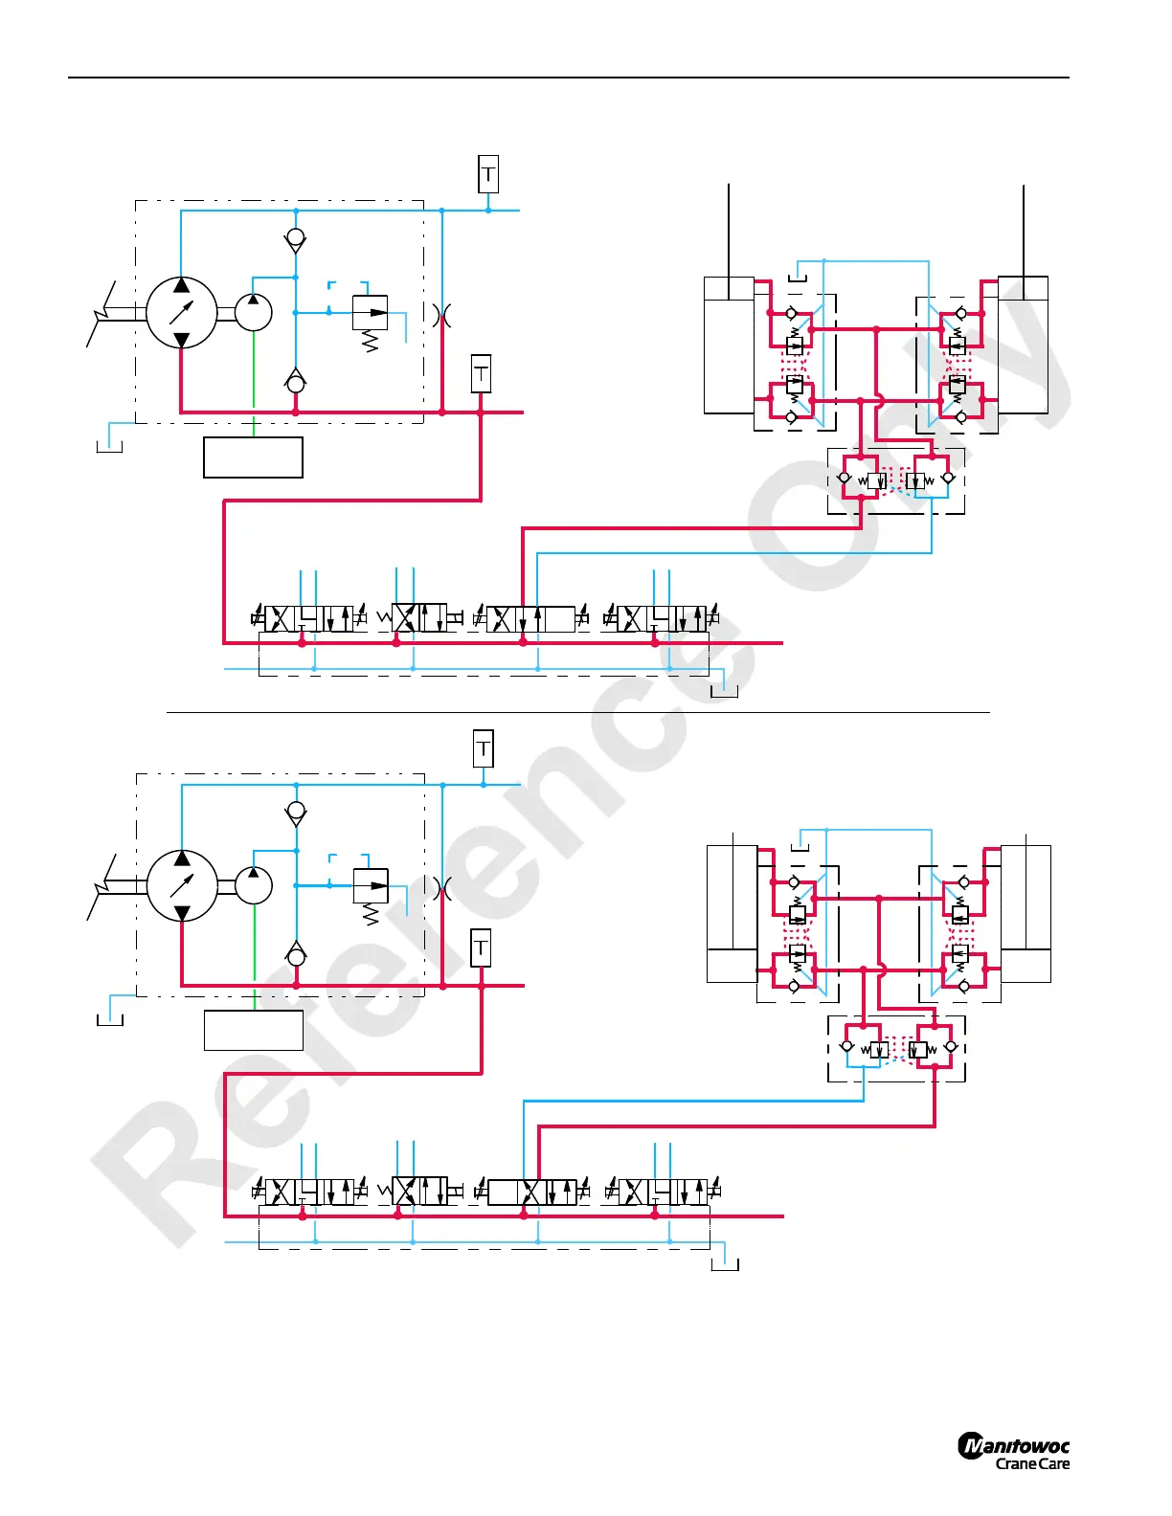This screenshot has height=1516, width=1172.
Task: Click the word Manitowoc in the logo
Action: [x=1014, y=1446]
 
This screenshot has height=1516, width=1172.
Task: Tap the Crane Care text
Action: [x=1032, y=1464]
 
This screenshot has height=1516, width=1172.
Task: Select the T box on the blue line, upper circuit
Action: [x=488, y=174]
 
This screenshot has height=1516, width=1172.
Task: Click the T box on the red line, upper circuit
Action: [x=481, y=373]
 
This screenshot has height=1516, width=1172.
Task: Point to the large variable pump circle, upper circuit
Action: [x=181, y=312]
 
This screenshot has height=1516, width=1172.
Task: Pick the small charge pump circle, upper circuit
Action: [x=253, y=312]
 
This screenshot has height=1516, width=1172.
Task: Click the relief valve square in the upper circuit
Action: [x=370, y=313]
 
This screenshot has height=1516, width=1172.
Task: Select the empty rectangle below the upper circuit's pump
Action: [x=253, y=457]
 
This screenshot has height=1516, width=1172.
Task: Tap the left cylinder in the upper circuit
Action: [x=729, y=346]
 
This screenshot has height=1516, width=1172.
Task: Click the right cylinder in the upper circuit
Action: [x=1023, y=346]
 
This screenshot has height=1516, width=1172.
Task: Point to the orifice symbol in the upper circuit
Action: [x=441, y=314]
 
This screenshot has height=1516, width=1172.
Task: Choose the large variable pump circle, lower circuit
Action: [x=182, y=885]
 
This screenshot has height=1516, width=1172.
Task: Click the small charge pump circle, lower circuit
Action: [x=254, y=885]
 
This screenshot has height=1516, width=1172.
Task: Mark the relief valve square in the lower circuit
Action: [x=371, y=885]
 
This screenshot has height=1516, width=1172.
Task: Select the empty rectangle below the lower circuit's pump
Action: [x=254, y=1031]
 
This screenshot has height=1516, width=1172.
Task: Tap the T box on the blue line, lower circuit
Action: [x=484, y=748]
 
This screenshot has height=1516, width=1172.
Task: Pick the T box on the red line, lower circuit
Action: [x=481, y=947]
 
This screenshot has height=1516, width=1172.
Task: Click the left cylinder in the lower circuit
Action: [x=732, y=914]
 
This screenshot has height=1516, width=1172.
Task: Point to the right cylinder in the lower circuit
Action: [x=1025, y=914]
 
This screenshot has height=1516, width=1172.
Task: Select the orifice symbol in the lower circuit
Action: [x=442, y=888]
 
